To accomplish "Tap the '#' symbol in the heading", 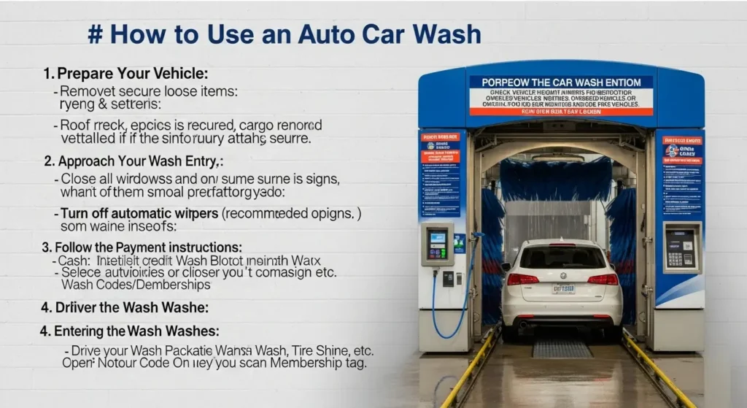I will coord(94,35).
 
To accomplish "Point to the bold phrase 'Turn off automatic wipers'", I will coord(139,214).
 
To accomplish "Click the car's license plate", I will coord(562,288).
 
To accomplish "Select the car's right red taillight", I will coord(603,279).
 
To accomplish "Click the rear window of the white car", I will coord(562,256).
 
